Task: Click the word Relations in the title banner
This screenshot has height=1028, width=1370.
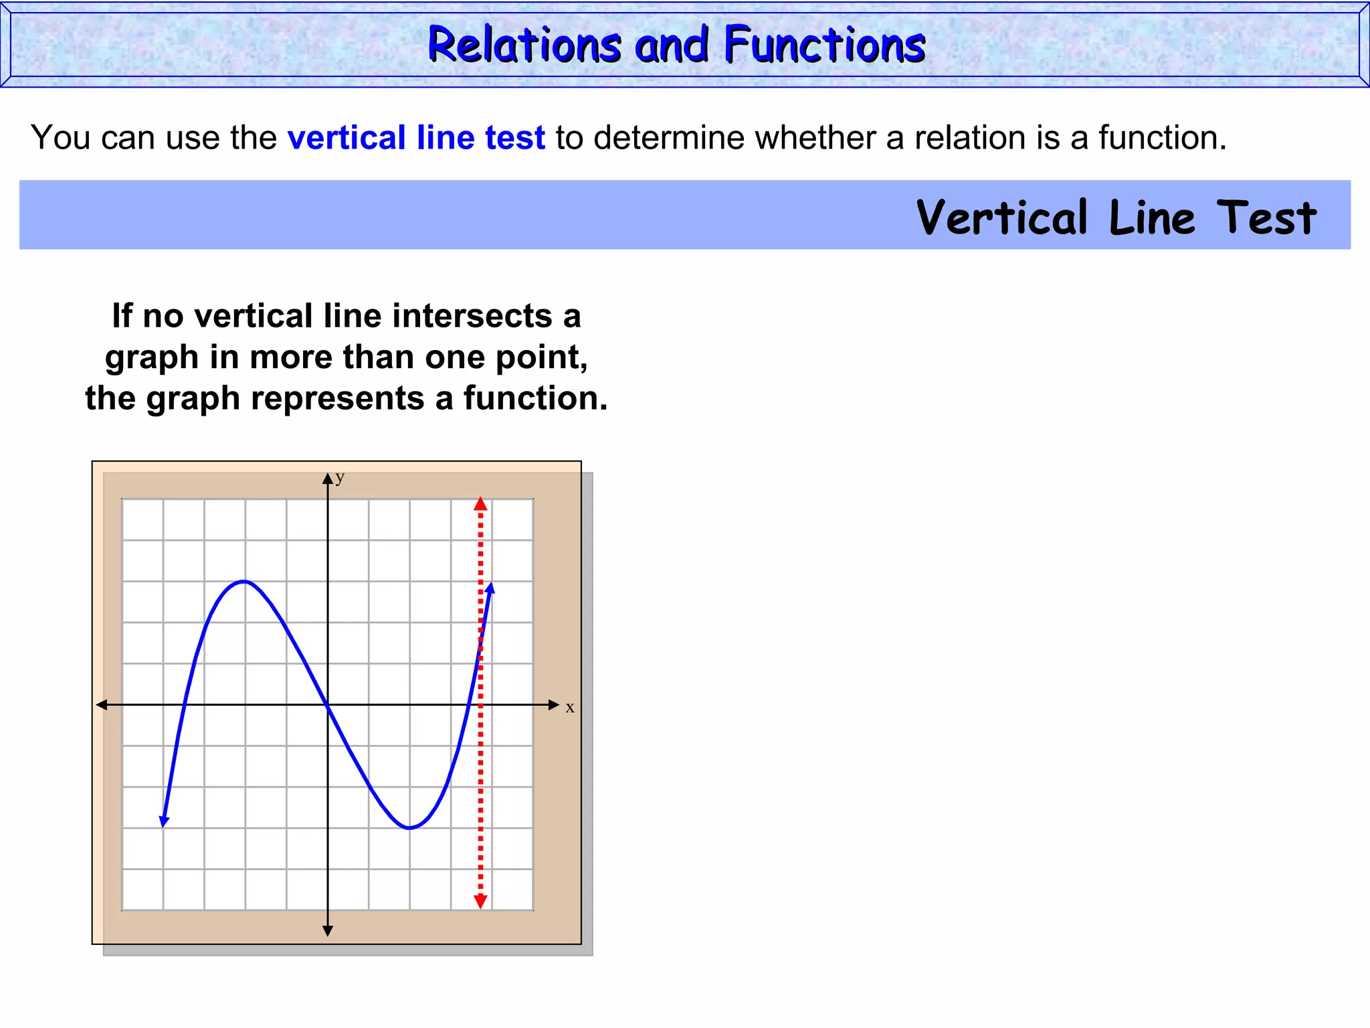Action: [524, 45]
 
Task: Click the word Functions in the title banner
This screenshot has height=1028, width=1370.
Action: [824, 45]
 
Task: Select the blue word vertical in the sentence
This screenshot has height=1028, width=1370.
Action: [347, 138]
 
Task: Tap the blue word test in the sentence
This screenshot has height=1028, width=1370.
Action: [515, 138]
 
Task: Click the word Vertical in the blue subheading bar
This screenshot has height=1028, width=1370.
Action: [1002, 218]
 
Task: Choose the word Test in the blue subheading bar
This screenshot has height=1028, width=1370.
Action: [1266, 218]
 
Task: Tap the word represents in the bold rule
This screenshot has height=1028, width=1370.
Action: [338, 398]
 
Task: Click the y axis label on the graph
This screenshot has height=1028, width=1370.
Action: [340, 477]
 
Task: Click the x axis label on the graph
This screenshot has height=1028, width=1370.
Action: [570, 707]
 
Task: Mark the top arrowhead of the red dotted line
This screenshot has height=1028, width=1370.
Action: [480, 504]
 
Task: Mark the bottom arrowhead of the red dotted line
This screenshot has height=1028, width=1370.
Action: [480, 902]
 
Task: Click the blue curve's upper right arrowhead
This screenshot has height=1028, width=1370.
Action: [490, 588]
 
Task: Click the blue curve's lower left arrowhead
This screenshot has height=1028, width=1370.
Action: [164, 821]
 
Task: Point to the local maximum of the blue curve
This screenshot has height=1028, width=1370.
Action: [244, 581]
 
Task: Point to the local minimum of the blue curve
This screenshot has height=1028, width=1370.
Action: [409, 828]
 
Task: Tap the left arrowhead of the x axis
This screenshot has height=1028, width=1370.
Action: [102, 705]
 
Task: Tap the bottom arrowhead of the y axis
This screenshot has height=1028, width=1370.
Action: [328, 931]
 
